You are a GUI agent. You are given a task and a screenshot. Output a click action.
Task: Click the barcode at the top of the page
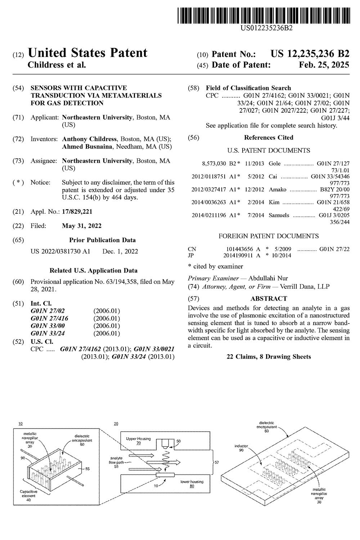pyautogui.click(x=264, y=16)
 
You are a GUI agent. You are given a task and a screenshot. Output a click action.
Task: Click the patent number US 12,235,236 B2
pyautogui.click(x=310, y=54)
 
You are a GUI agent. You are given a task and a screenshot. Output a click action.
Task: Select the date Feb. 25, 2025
pyautogui.click(x=324, y=65)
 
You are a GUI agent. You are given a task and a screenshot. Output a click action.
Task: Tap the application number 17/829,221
pyautogui.click(x=77, y=212)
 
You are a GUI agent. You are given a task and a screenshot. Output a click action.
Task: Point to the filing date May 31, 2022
pyautogui.click(x=82, y=226)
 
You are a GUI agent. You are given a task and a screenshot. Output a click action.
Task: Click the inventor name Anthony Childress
pyautogui.click(x=89, y=139)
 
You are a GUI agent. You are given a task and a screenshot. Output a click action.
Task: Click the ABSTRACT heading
pyautogui.click(x=269, y=298)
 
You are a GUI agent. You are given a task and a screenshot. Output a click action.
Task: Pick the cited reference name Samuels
pyautogui.click(x=279, y=215)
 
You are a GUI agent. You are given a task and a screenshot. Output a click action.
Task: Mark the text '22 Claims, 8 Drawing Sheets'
pyautogui.click(x=269, y=357)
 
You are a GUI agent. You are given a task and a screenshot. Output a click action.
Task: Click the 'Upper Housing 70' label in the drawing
pyautogui.click(x=138, y=441)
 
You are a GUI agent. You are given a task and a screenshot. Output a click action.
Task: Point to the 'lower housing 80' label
pyautogui.click(x=192, y=483)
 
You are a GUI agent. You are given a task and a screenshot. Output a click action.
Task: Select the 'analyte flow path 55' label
pyautogui.click(x=117, y=462)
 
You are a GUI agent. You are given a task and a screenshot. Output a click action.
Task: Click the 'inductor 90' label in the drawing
pyautogui.click(x=241, y=448)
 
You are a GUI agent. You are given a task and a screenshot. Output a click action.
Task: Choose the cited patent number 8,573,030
pyautogui.click(x=214, y=163)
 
